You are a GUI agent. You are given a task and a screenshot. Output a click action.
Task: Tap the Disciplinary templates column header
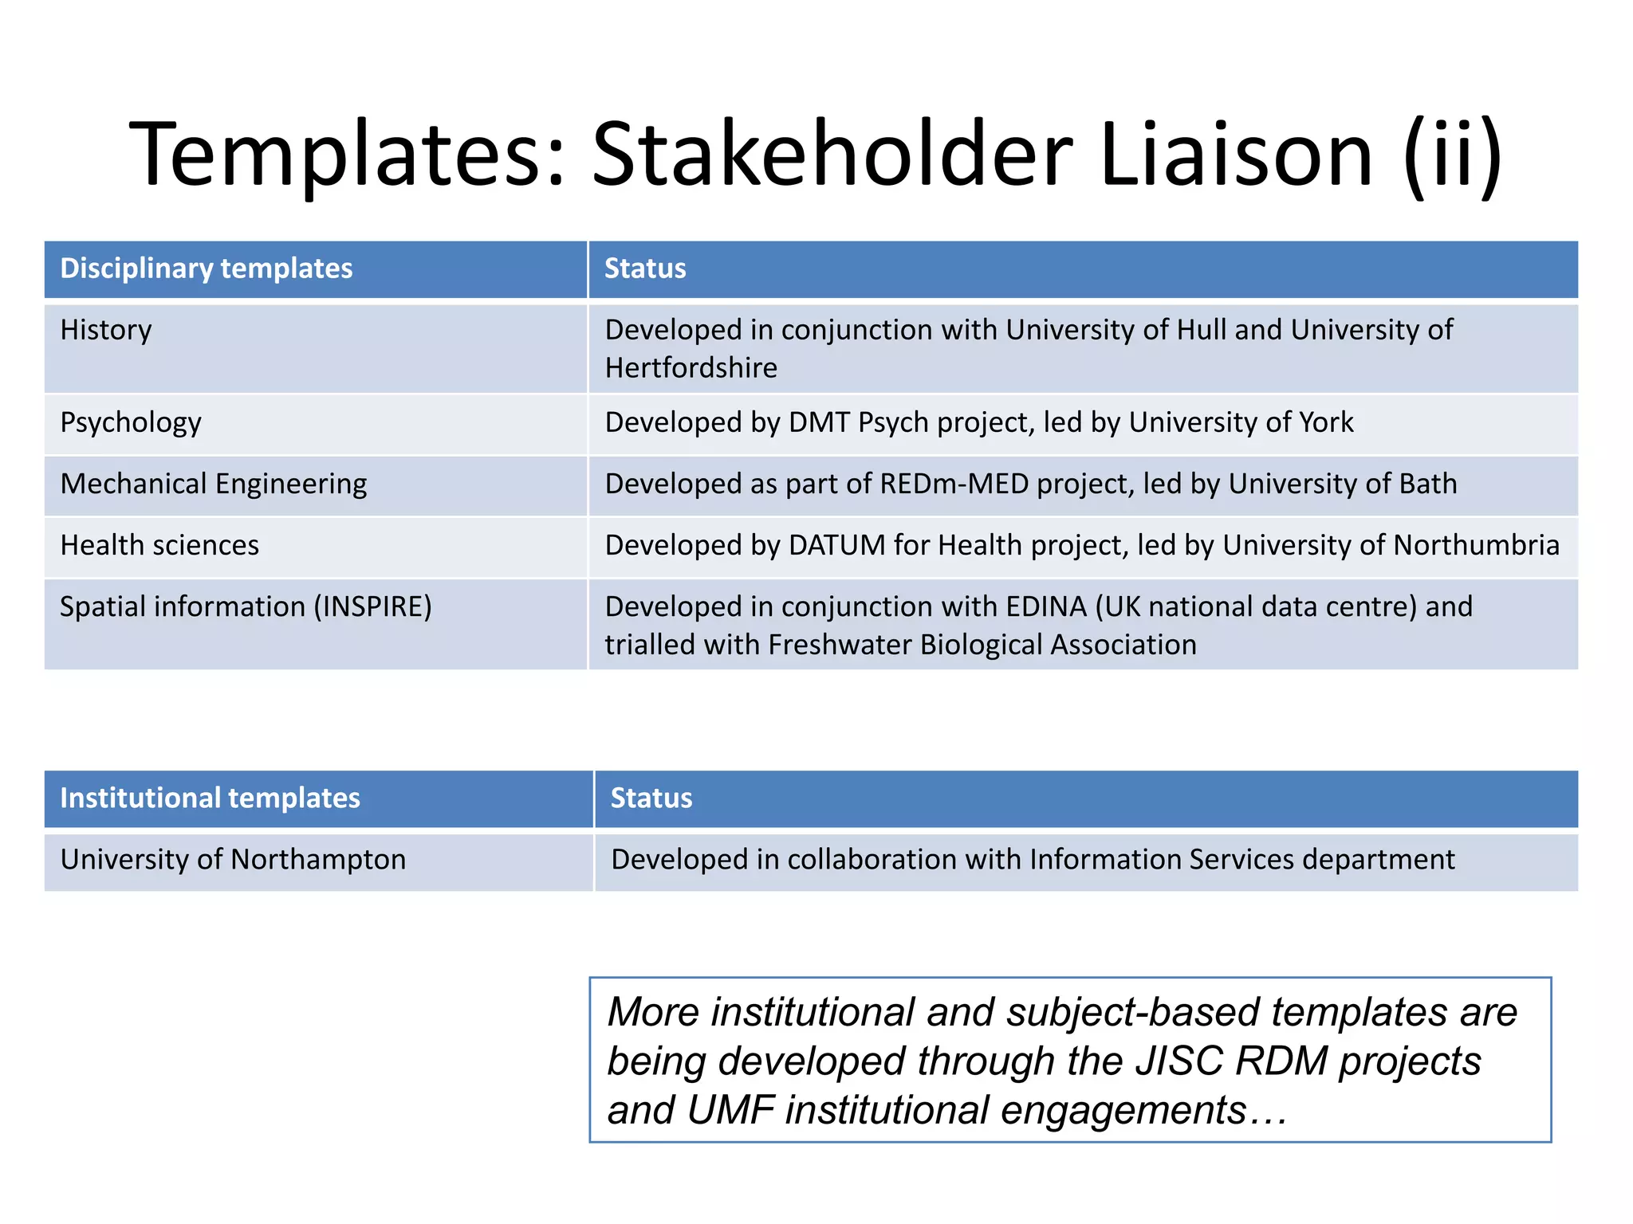coord(206,269)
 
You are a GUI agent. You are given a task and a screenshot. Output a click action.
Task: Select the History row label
coord(105,330)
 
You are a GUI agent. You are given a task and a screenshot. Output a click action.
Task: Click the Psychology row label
coord(131,422)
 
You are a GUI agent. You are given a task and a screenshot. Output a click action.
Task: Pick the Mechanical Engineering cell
coord(213,484)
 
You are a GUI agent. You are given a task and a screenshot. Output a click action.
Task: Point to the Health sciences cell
coord(159,545)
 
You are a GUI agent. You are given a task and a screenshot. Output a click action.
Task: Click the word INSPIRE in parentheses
coord(372,607)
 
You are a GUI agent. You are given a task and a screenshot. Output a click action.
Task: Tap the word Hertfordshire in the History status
coord(691,368)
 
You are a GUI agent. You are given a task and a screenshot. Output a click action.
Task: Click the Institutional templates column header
coord(210,798)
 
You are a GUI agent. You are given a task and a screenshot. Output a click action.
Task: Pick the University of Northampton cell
coord(233,860)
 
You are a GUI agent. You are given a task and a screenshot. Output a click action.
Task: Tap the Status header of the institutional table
coord(651,798)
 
